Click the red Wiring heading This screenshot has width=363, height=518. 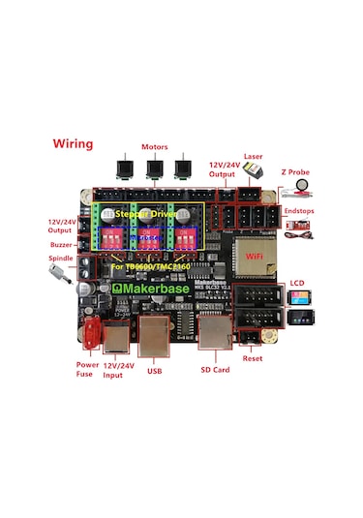pos(73,144)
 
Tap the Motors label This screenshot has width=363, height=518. pos(154,148)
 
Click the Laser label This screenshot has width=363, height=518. pos(254,156)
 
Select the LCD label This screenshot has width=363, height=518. pos(297,284)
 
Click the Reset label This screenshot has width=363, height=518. pos(254,357)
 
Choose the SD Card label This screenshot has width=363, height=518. pos(214,369)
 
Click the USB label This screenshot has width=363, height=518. pos(154,369)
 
